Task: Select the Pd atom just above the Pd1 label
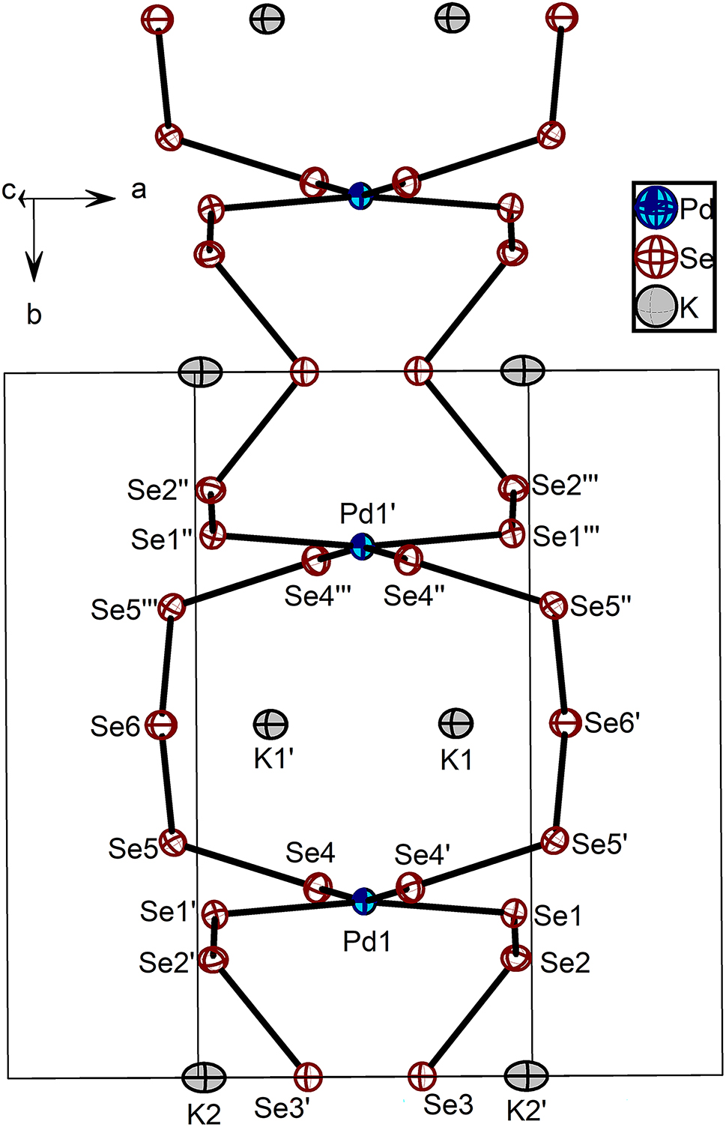coord(364,901)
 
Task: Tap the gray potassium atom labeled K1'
coord(270,724)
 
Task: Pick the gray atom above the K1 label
coord(456,724)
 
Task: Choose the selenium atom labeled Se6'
coord(564,723)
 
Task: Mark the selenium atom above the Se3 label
coord(422,1076)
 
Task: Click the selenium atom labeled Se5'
coord(555,840)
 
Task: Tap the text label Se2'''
coord(566,486)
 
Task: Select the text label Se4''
coord(414,596)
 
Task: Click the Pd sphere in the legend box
coord(656,208)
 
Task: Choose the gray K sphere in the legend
coord(656,306)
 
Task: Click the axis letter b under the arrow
coord(34,315)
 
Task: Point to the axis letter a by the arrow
coord(139,190)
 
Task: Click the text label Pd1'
coord(368,514)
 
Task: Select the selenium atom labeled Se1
coord(514,912)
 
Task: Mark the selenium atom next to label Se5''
coord(554,605)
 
